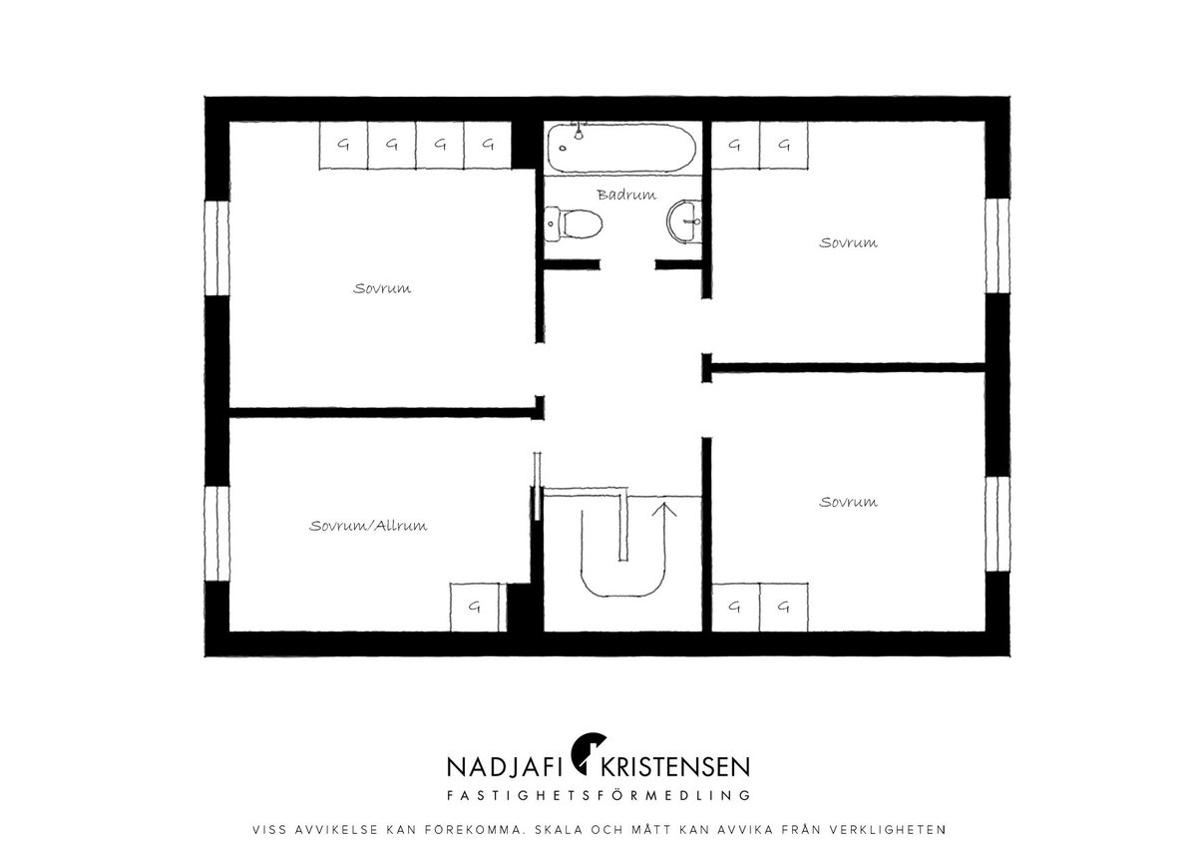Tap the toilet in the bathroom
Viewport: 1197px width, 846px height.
(574, 223)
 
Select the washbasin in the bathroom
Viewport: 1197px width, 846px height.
(684, 221)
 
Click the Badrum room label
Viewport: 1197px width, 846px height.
(626, 195)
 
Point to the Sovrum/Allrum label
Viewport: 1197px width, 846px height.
(368, 526)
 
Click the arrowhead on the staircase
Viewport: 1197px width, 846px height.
(664, 510)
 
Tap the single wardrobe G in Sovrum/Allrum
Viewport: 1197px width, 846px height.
(475, 608)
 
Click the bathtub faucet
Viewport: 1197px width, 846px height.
(579, 132)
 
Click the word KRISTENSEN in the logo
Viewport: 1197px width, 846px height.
(675, 767)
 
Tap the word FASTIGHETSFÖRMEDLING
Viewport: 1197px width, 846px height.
(598, 795)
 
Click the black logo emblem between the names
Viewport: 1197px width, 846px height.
(588, 753)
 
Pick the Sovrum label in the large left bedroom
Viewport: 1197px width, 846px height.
(382, 288)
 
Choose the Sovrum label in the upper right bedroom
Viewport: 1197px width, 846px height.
(848, 243)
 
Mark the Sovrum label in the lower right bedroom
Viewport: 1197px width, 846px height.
(848, 502)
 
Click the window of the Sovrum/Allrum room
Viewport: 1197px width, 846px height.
(217, 534)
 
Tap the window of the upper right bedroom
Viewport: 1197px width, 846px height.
(997, 245)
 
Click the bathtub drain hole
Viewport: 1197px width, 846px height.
(563, 149)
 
